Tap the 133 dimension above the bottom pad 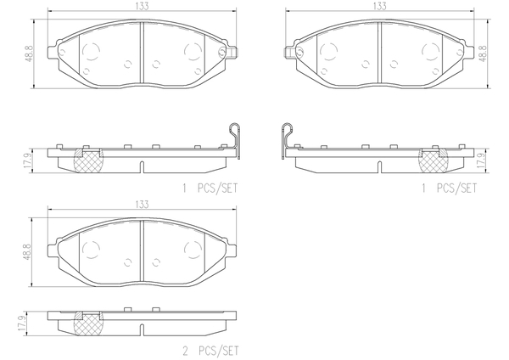[x=141, y=204]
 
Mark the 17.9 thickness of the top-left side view [x=29, y=159]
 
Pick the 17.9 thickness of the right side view [x=483, y=159]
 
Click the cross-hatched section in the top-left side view [x=85, y=159]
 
